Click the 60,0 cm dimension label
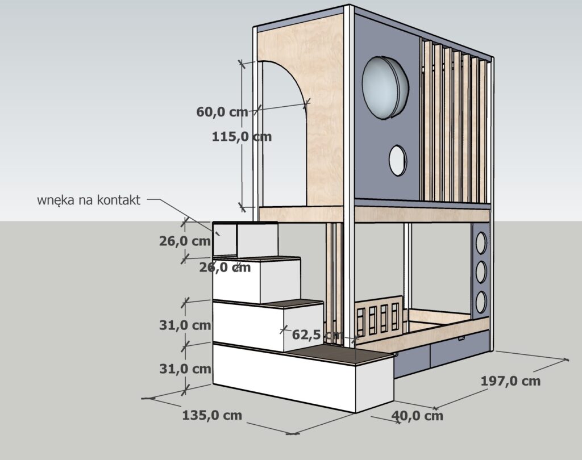pos(222,112)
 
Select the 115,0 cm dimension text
pos(241,136)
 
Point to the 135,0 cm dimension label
pos(212,415)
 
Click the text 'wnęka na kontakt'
pos(89,200)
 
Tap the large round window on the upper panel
pos(385,87)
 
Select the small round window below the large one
pos(397,160)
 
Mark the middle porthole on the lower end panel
pos(481,272)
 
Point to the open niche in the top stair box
pos(225,240)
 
